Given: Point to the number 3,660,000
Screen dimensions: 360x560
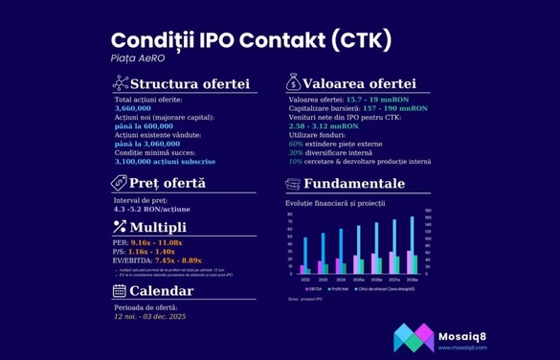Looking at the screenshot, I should pos(134,108).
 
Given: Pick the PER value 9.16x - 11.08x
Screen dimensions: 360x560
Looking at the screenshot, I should pos(156,243).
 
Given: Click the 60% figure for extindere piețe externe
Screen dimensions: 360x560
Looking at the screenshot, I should pos(295,144).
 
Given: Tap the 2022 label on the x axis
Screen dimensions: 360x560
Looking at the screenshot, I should pos(304,279).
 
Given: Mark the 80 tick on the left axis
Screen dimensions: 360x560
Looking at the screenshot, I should pos(291,235).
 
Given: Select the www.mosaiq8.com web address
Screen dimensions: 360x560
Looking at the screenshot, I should pos(463,348).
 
